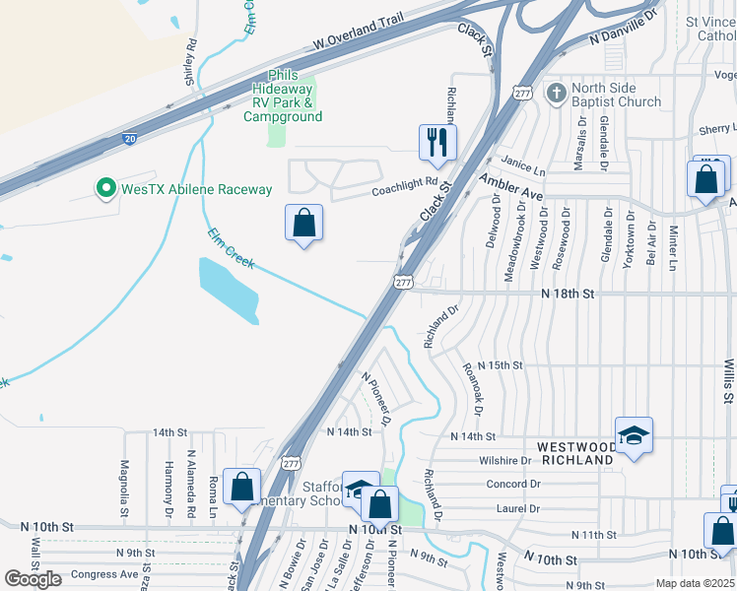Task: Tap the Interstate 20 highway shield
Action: click(x=130, y=139)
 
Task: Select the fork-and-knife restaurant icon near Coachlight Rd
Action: click(x=437, y=143)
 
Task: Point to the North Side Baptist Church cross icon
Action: click(x=557, y=94)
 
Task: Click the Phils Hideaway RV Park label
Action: click(x=283, y=97)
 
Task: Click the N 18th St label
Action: click(x=569, y=294)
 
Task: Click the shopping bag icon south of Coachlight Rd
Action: click(x=303, y=223)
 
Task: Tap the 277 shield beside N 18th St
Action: click(x=403, y=283)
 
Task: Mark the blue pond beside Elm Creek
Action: click(x=229, y=290)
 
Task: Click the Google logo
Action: click(x=33, y=579)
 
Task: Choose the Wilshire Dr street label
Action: click(x=506, y=460)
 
